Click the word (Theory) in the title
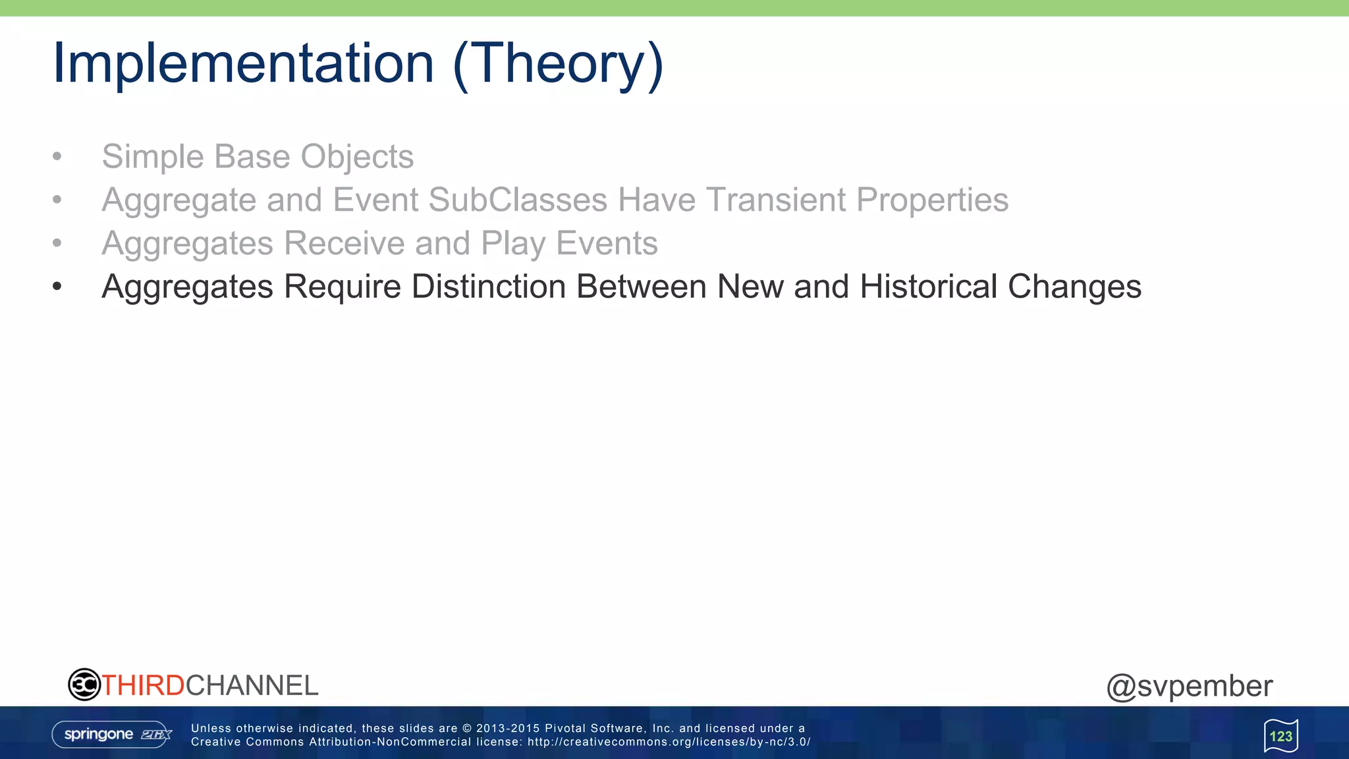[558, 64]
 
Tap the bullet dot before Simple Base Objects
[57, 157]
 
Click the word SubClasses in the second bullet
[518, 200]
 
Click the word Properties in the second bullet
[932, 200]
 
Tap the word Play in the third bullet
[512, 243]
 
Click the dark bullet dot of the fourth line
[57, 287]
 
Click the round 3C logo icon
[84, 685]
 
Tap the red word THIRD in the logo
[143, 686]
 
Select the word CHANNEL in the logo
[252, 686]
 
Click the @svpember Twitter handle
[1190, 686]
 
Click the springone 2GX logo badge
[112, 735]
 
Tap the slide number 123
[1280, 736]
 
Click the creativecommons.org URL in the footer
[669, 742]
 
